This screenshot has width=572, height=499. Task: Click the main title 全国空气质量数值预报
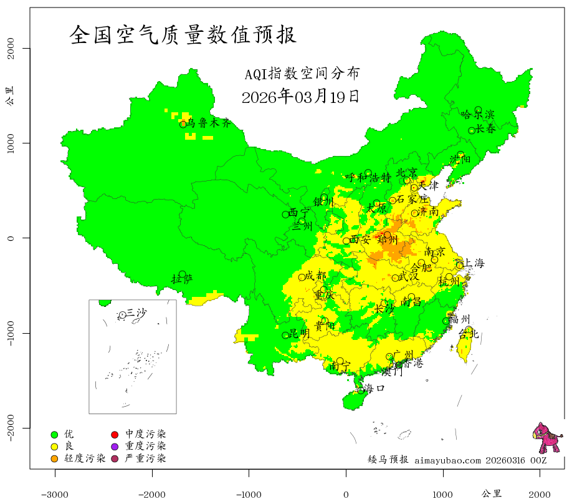183,35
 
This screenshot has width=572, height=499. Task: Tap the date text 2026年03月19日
300,97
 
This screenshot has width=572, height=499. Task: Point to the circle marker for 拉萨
182,274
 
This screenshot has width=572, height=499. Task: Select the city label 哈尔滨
477,114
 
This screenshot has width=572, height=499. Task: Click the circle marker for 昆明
286,335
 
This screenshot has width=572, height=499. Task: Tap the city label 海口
374,388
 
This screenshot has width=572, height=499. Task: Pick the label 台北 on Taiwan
468,334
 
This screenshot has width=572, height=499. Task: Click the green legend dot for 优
54,434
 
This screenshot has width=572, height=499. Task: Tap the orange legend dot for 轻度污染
54,459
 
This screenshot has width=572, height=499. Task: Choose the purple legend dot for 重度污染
115,447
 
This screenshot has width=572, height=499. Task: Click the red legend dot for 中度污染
115,434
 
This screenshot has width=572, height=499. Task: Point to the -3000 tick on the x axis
55,493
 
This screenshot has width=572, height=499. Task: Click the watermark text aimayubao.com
447,460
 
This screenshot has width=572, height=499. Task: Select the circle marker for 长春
472,130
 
